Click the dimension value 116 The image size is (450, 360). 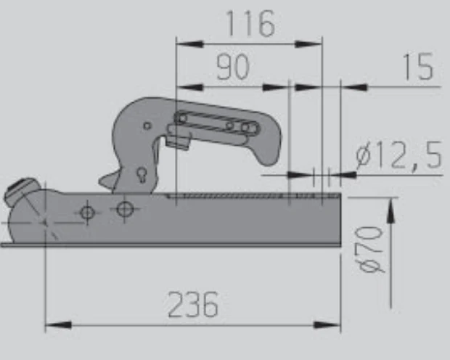pyautogui.click(x=250, y=24)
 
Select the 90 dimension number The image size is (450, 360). pyautogui.click(x=232, y=67)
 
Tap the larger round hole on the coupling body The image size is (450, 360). pyautogui.click(x=126, y=209)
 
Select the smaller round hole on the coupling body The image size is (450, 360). pyautogui.click(x=88, y=212)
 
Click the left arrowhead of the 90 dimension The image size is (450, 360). pyautogui.click(x=187, y=88)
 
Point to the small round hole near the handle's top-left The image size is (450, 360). pyautogui.click(x=147, y=126)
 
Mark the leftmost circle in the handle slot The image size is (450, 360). pyautogui.click(x=181, y=118)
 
